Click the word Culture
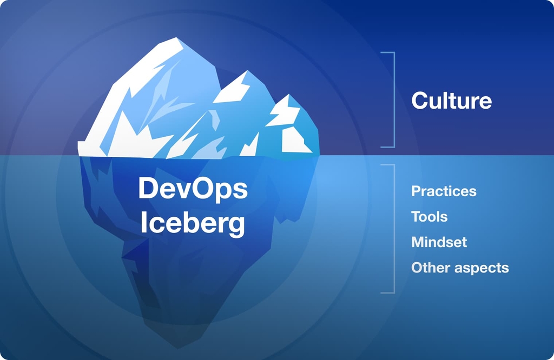[451, 101]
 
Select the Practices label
[444, 191]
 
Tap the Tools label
[429, 217]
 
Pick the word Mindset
[439, 242]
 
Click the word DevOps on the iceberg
[193, 189]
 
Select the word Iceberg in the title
[193, 223]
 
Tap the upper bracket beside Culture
[394, 99]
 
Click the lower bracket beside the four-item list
[393, 229]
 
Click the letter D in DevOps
[148, 189]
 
